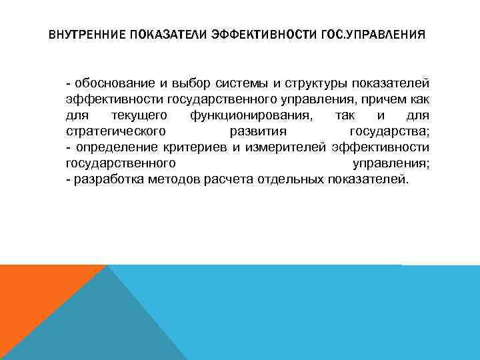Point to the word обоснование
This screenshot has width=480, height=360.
[x=116, y=83]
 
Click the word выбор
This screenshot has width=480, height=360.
[x=185, y=83]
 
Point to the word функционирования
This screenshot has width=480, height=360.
[x=228, y=115]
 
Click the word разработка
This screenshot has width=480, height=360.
[x=107, y=179]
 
